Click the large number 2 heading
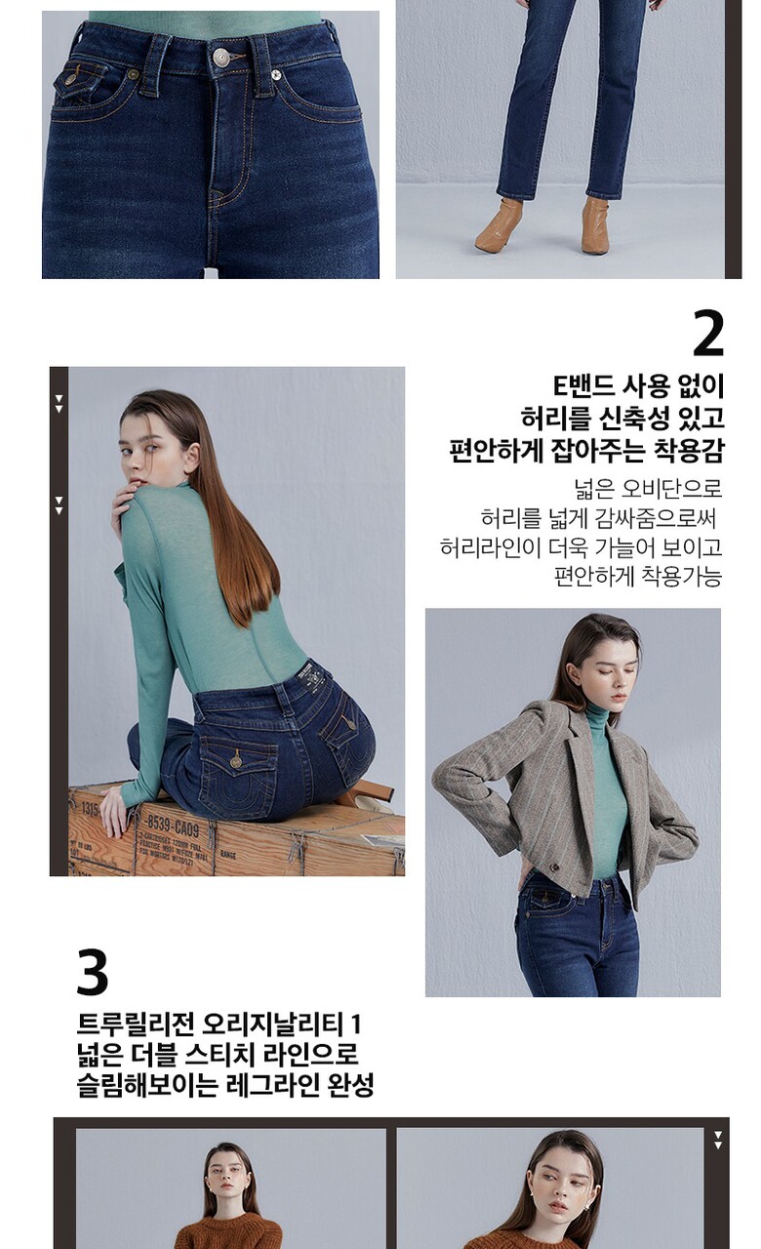708,334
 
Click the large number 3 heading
92,972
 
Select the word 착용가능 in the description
681,576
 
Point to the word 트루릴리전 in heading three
136,1024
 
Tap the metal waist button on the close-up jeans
220,56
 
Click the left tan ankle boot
500,224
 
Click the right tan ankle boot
596,225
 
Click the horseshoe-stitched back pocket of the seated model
238,775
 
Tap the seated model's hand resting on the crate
113,814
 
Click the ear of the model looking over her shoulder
192,456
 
